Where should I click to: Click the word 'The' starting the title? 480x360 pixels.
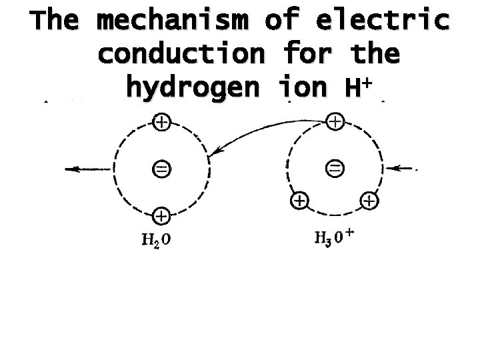coord(55,22)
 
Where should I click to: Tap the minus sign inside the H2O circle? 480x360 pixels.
coord(161,169)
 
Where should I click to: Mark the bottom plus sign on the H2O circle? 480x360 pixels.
coord(161,215)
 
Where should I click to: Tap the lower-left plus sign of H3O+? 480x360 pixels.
coord(300,199)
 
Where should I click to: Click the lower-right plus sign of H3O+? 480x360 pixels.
coord(369,199)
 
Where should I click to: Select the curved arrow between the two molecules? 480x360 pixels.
coord(260,130)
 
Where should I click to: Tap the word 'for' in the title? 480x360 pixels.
coord(309,55)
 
